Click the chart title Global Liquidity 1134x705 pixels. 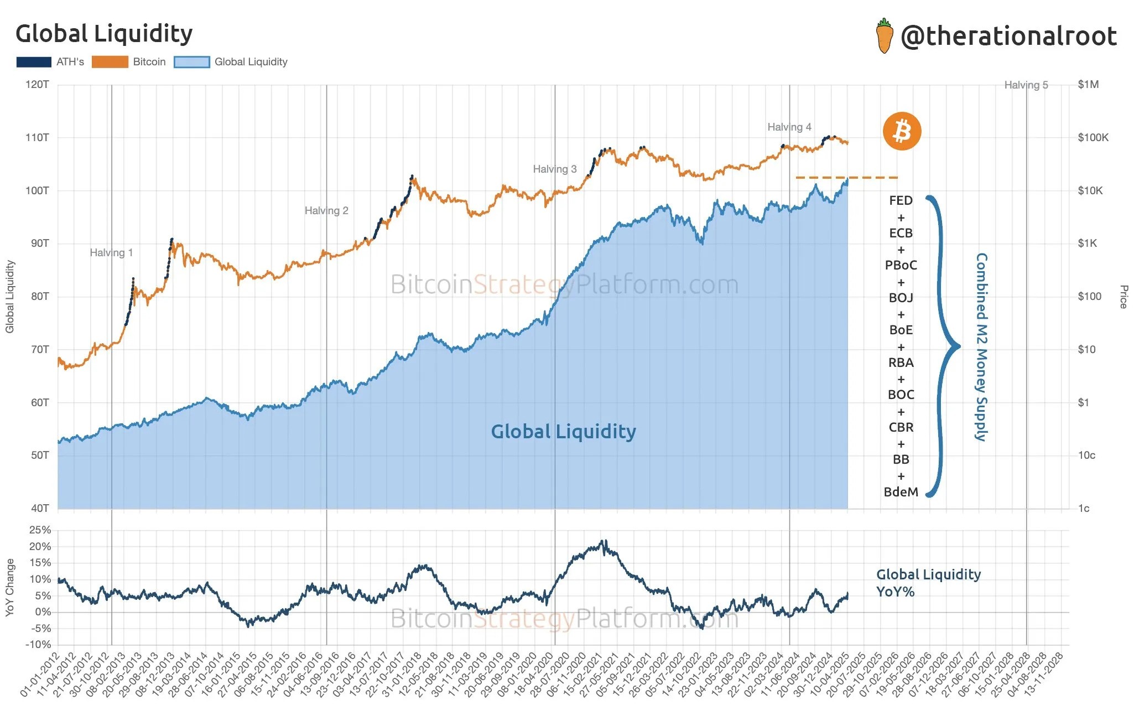(x=104, y=34)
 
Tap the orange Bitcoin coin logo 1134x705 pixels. (x=902, y=132)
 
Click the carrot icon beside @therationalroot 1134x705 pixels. (x=885, y=36)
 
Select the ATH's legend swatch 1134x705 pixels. (x=34, y=62)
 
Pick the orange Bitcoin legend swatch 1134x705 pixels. (x=110, y=62)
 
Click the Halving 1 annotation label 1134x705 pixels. (x=111, y=253)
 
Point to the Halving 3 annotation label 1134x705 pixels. (x=554, y=169)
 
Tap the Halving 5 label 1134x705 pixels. (x=1026, y=85)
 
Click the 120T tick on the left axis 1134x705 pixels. (x=37, y=85)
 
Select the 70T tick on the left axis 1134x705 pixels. (x=40, y=349)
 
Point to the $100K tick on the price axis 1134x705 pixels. (x=1093, y=138)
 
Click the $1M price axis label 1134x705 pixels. (x=1088, y=85)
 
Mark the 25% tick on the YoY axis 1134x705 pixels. (x=40, y=530)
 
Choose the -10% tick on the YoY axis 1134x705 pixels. (x=38, y=644)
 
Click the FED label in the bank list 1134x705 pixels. (x=901, y=201)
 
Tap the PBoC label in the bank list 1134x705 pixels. (x=901, y=266)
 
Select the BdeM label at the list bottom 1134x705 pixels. (x=901, y=492)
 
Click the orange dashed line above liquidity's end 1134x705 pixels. (x=846, y=178)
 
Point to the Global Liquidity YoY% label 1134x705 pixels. (x=928, y=583)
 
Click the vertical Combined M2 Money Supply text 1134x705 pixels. (x=981, y=347)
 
